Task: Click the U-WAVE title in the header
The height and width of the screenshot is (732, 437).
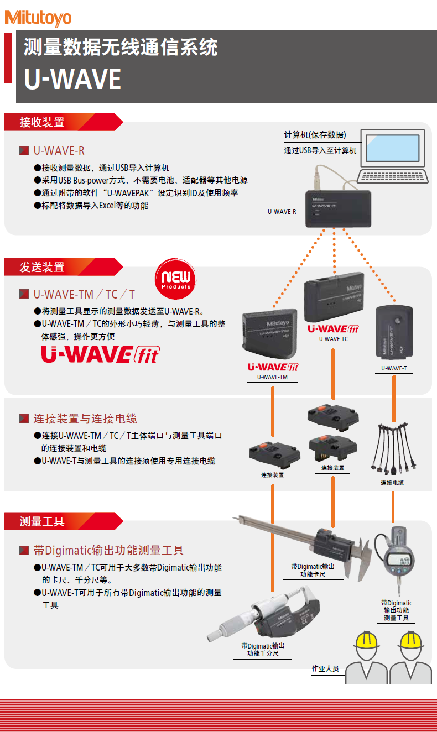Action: click(x=72, y=79)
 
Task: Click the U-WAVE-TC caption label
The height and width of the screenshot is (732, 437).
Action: click(x=333, y=339)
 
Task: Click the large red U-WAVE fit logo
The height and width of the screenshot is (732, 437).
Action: click(x=100, y=354)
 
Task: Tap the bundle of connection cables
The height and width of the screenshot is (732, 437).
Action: click(x=393, y=448)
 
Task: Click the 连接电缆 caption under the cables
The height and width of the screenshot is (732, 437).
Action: click(x=392, y=483)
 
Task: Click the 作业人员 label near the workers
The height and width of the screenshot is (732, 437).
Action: click(x=325, y=668)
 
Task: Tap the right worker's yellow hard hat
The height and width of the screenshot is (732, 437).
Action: click(x=411, y=640)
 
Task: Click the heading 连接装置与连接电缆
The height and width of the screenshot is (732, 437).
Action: click(x=85, y=419)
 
